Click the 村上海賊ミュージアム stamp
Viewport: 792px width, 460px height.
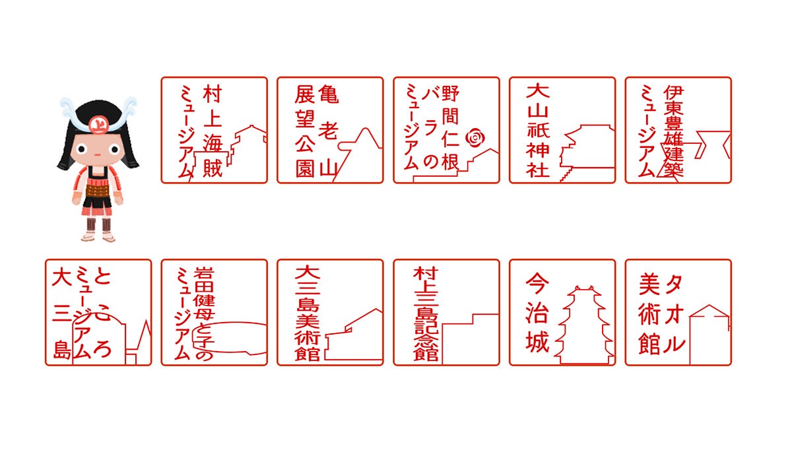click(x=214, y=130)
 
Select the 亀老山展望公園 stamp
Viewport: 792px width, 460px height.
click(x=330, y=130)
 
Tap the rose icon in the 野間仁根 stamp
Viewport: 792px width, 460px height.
click(x=475, y=138)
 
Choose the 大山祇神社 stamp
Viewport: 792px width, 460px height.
click(x=562, y=130)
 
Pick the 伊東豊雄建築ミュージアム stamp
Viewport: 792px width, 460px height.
click(x=678, y=130)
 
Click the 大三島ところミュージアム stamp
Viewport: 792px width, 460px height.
click(x=98, y=312)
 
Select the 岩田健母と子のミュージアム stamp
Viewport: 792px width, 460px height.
click(x=214, y=312)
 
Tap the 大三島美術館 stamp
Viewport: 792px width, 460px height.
click(x=330, y=312)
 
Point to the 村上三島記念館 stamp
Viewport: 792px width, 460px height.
click(x=446, y=312)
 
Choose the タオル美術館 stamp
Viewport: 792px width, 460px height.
click(x=678, y=312)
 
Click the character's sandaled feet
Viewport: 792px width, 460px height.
click(x=99, y=235)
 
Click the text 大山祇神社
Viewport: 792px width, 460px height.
click(x=538, y=130)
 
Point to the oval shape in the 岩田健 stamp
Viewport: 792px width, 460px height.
click(x=231, y=337)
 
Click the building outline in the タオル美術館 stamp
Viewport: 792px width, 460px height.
click(x=709, y=333)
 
